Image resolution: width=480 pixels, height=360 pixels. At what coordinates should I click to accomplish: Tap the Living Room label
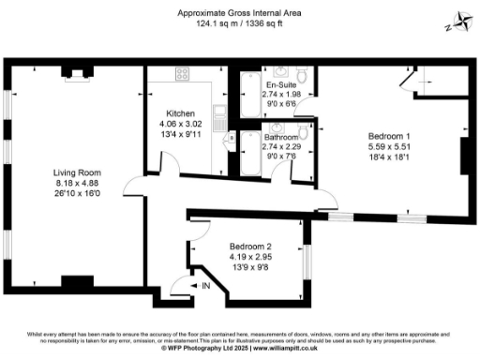tap(76, 172)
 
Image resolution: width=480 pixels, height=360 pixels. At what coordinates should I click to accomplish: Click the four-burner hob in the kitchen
tap(180, 76)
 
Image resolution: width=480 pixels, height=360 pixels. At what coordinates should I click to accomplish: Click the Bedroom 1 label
tap(390, 137)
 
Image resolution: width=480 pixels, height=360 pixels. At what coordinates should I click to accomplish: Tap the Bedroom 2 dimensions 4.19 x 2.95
tap(249, 257)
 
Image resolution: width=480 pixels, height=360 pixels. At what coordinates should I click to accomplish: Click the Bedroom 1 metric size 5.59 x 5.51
tap(390, 147)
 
